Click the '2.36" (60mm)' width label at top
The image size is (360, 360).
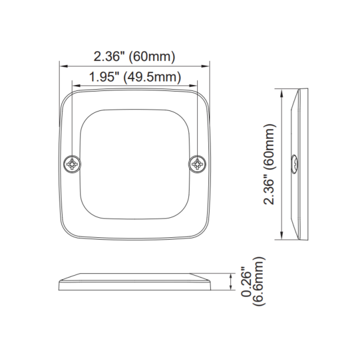pos(135,57)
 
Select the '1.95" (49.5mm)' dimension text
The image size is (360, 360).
pos(135,77)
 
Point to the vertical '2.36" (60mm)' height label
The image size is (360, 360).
pos(270,165)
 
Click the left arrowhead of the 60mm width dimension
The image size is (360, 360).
pos(62,66)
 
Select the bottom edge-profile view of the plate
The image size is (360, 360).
pos(135,282)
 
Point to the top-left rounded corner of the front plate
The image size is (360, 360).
pos(67,96)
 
